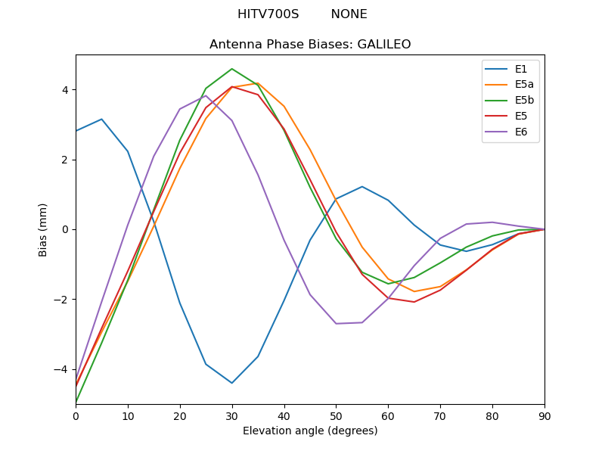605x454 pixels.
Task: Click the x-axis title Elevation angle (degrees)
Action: [x=310, y=431]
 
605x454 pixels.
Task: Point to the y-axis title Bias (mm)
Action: [x=43, y=229]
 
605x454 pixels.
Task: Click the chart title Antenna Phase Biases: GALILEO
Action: [x=310, y=45]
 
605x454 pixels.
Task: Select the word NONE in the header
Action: [x=349, y=14]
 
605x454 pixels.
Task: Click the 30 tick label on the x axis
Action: [x=232, y=415]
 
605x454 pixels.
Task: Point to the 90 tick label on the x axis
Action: [x=544, y=415]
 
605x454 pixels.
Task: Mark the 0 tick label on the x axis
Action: [x=76, y=415]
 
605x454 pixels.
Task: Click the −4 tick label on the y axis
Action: [x=60, y=369]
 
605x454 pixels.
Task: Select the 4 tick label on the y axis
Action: [x=64, y=89]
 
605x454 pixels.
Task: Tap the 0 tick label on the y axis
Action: [x=64, y=229]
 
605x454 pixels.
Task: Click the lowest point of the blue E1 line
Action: [x=232, y=383]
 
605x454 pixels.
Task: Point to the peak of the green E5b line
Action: [x=232, y=69]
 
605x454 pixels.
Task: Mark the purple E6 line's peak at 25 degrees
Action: [x=206, y=95]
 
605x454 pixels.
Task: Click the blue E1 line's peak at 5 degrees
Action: [x=101, y=119]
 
